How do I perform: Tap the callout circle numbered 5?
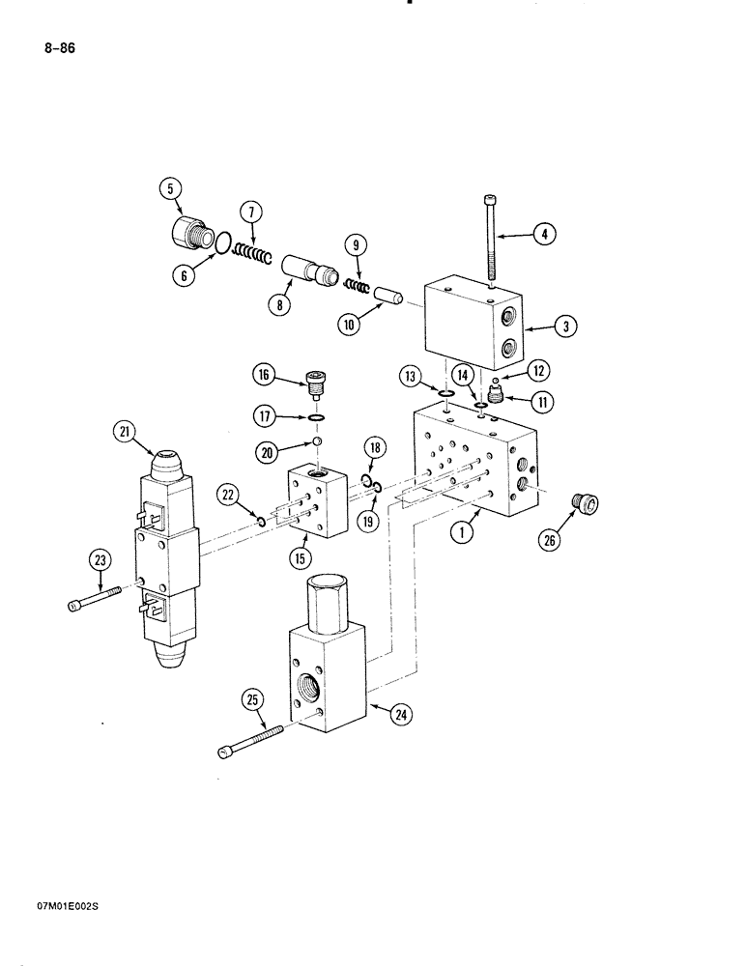point(170,189)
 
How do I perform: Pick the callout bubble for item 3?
point(565,327)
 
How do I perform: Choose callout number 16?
point(263,375)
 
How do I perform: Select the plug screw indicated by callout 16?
point(313,384)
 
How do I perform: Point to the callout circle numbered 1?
point(462,529)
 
